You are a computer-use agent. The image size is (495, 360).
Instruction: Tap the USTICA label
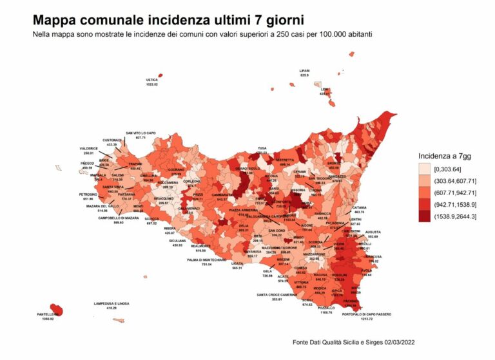(x=152, y=80)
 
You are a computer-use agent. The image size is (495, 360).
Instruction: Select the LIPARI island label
(x=304, y=71)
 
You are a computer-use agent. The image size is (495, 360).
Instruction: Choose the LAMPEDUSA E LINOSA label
(x=112, y=303)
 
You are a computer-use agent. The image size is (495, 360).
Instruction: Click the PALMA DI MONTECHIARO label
(x=206, y=259)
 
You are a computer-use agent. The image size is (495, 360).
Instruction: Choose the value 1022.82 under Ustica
(x=152, y=84)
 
